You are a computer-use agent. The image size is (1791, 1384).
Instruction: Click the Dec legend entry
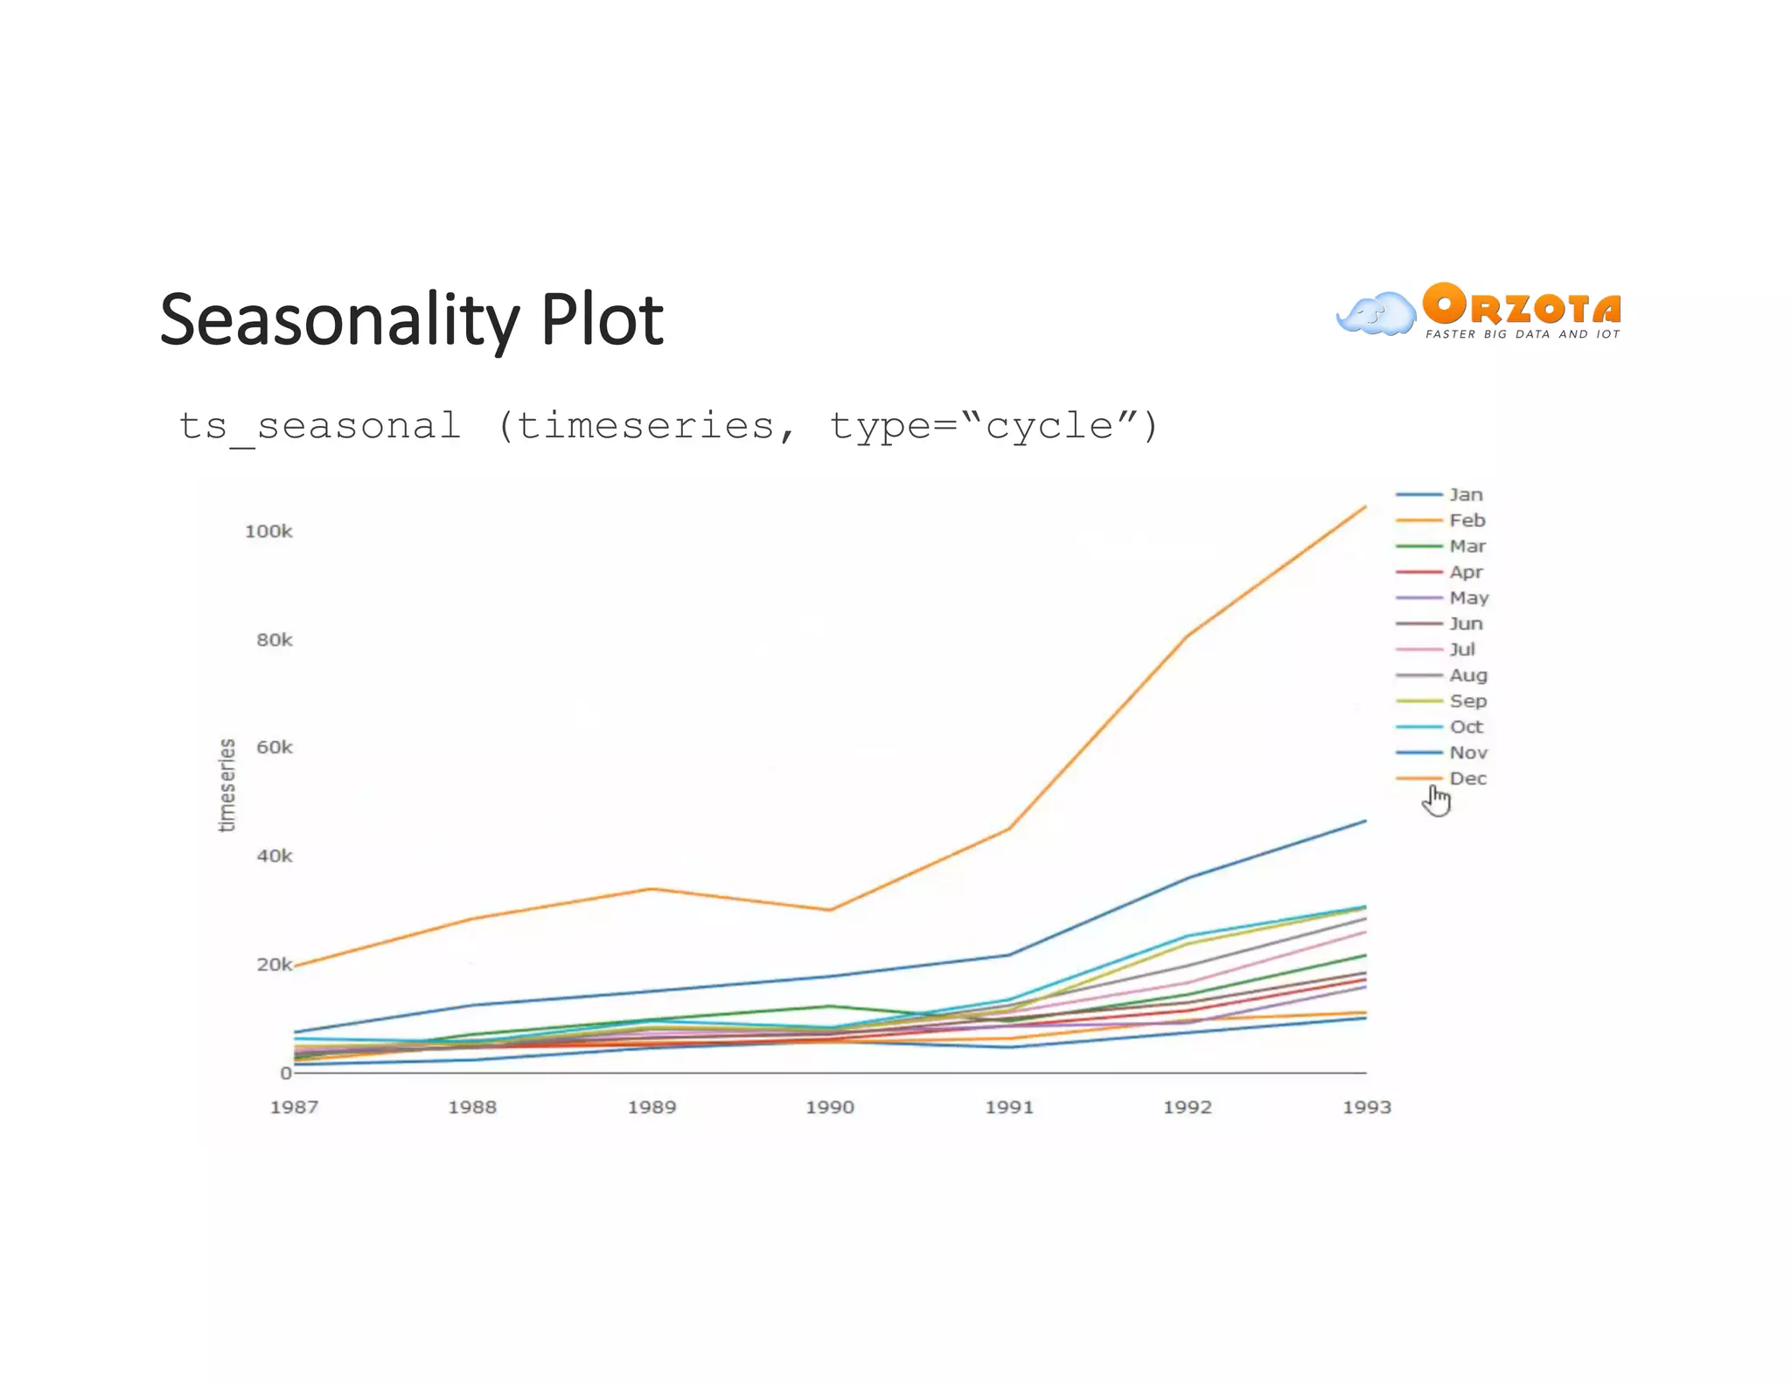point(1467,778)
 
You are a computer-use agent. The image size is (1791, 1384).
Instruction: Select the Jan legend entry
point(1465,494)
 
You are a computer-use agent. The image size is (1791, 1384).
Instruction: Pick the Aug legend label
point(1467,675)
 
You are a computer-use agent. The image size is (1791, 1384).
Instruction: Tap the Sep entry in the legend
point(1467,701)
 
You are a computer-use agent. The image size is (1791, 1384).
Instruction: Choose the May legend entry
point(1468,598)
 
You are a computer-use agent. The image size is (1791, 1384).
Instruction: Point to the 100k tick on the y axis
point(268,531)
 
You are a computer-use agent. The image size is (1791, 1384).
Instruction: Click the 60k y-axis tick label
point(274,747)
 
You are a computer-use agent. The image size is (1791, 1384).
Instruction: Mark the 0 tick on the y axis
point(285,1073)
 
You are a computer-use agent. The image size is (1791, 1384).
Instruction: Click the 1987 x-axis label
point(294,1107)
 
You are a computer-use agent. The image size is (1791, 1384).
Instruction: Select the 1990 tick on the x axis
point(830,1107)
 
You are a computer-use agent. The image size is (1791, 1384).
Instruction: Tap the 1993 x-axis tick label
point(1366,1107)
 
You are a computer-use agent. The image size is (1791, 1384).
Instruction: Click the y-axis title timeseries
point(226,785)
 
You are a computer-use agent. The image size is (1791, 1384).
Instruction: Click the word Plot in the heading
point(602,319)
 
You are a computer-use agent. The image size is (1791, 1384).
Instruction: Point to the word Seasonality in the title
point(339,321)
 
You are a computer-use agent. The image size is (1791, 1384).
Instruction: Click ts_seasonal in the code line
point(318,426)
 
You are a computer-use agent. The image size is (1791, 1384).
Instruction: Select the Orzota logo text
point(1522,306)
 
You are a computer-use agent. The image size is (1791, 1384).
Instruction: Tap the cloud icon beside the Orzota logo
point(1376,314)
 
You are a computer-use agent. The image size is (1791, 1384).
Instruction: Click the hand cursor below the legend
point(1436,800)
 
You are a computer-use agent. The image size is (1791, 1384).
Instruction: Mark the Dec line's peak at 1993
point(1365,507)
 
